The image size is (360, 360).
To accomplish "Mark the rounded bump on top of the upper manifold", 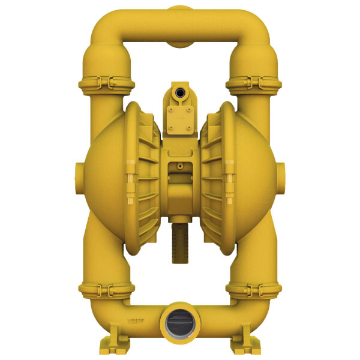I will (x=179, y=8).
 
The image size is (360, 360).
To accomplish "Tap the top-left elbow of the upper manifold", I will (x=107, y=27).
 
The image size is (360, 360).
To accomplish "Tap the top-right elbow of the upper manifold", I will (x=253, y=27).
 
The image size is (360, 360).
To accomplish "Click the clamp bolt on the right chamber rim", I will (x=230, y=178).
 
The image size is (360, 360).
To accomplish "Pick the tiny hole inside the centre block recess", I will (x=179, y=165).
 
